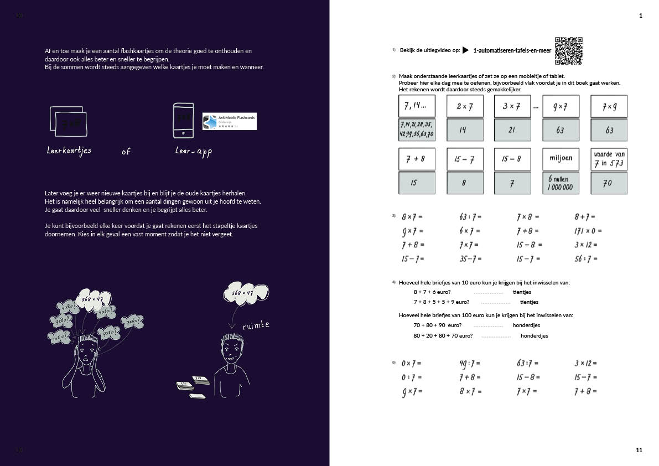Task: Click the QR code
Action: pos(569,51)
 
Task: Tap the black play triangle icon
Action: pos(466,50)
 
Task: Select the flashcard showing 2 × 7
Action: pos(465,106)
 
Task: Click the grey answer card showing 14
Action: pos(465,130)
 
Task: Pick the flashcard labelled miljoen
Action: pos(561,159)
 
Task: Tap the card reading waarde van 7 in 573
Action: pos(609,159)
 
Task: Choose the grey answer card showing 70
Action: pos(609,183)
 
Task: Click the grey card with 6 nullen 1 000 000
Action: pos(561,183)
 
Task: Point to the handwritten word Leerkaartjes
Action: pos(69,151)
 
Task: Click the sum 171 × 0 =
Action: pos(588,231)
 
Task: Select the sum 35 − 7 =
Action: pos(470,258)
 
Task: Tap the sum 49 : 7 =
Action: pos(470,364)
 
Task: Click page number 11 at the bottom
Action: pos(639,451)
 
